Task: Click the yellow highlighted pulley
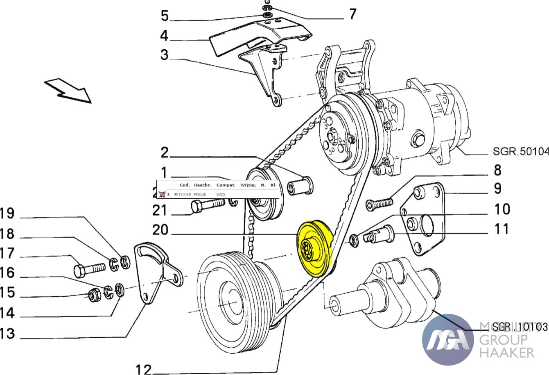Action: point(314,249)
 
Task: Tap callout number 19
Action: point(7,214)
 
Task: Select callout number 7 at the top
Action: point(352,14)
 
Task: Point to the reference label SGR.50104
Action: point(520,152)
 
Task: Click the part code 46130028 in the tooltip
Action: point(182,194)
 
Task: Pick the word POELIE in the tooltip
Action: point(200,194)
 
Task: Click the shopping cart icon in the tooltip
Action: point(162,194)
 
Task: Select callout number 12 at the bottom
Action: point(144,369)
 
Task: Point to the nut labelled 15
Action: point(95,295)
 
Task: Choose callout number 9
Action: point(497,188)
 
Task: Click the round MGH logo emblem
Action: point(447,340)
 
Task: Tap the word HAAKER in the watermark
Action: point(506,352)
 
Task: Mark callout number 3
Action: point(164,55)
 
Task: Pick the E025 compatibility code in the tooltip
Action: point(220,194)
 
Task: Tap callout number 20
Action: point(160,230)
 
